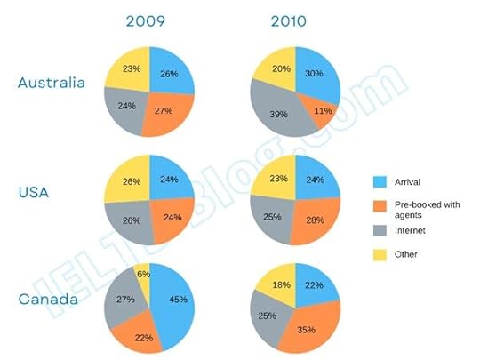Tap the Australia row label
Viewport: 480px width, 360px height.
click(x=52, y=83)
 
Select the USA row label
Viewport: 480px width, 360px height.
click(x=36, y=191)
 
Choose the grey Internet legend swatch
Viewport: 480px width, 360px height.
click(x=380, y=230)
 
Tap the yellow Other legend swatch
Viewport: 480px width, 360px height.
click(x=380, y=254)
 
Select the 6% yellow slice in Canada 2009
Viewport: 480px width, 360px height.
click(x=142, y=276)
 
